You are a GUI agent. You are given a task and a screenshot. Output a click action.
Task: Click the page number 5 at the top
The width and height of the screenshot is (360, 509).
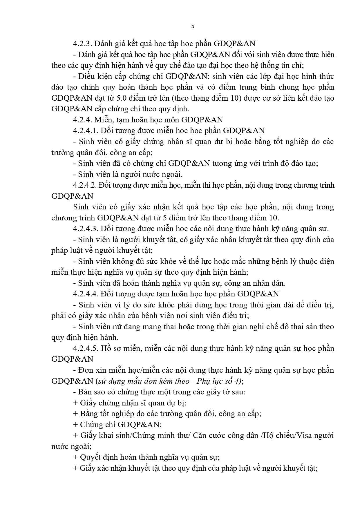[x=193, y=26]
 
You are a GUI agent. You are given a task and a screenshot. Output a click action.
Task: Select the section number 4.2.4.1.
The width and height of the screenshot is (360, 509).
[x=86, y=131]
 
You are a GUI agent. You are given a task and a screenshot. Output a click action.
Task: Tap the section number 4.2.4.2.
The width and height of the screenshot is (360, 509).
[x=86, y=185]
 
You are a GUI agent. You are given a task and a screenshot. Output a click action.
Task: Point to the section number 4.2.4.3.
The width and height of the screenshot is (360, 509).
[x=86, y=229]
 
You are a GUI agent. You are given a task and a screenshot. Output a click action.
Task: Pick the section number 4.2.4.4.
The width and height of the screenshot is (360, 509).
[x=86, y=294]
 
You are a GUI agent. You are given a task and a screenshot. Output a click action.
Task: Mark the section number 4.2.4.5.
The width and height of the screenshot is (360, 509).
[x=86, y=348]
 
